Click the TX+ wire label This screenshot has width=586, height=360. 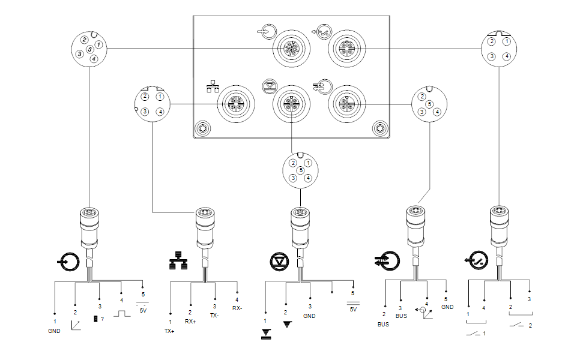point(169,331)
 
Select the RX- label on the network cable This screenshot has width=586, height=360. point(237,308)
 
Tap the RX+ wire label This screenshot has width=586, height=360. point(190,321)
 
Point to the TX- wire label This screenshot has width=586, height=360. point(214,316)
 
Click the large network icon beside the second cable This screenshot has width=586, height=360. point(178,260)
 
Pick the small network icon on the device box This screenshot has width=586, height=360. point(213,86)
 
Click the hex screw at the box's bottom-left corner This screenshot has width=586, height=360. point(203,128)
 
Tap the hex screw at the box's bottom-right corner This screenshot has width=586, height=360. point(380,128)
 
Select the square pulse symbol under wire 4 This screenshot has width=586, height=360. point(122,313)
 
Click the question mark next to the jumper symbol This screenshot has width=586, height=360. point(103,319)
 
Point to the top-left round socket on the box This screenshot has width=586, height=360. point(291,49)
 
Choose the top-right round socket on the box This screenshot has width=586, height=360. point(347,49)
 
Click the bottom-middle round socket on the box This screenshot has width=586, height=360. point(291,104)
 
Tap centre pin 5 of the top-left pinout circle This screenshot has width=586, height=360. point(89,49)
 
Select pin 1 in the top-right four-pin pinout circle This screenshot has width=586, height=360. point(507,41)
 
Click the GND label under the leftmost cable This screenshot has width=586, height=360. point(54,331)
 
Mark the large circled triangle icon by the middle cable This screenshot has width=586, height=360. point(279,262)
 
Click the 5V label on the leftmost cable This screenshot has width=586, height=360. point(143,310)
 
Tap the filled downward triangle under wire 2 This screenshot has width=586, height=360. point(287,324)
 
